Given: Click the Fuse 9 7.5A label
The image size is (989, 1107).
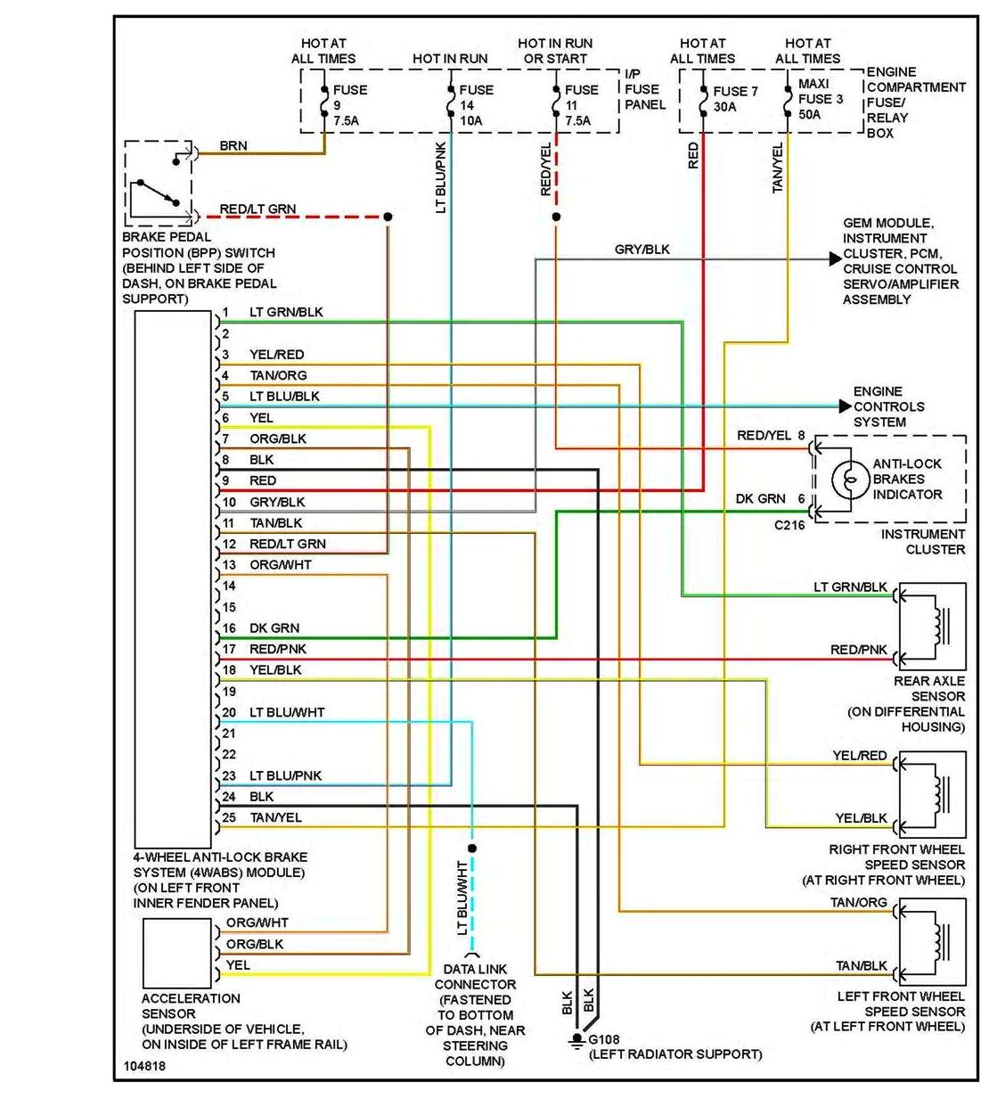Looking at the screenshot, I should coord(348,105).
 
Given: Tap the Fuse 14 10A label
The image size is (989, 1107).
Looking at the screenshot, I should coord(475,105).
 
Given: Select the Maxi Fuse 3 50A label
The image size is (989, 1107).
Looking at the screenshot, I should coord(820,99).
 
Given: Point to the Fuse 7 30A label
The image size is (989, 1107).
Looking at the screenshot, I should coord(735,99).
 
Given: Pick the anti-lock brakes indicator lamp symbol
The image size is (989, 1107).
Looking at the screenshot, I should coord(850,480).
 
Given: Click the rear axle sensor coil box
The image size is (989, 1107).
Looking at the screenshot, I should coord(932,626).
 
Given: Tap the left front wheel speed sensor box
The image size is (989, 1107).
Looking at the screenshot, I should coord(932,940).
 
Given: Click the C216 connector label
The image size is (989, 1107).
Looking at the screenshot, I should coord(789,525).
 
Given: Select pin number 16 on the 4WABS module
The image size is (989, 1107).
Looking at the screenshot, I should coord(229,628).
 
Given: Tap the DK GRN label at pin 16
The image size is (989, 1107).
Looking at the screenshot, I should coord(274,628).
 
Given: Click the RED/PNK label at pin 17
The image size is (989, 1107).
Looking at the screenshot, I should coord(278,649).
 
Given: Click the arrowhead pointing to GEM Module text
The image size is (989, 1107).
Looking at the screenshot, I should coord(835,259).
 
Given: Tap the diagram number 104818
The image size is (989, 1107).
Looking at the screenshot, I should coord(144,1066).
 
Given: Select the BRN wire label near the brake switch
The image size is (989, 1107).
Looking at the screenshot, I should coord(233,145).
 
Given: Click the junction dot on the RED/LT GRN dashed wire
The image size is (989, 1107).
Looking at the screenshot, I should coord(388,217).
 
